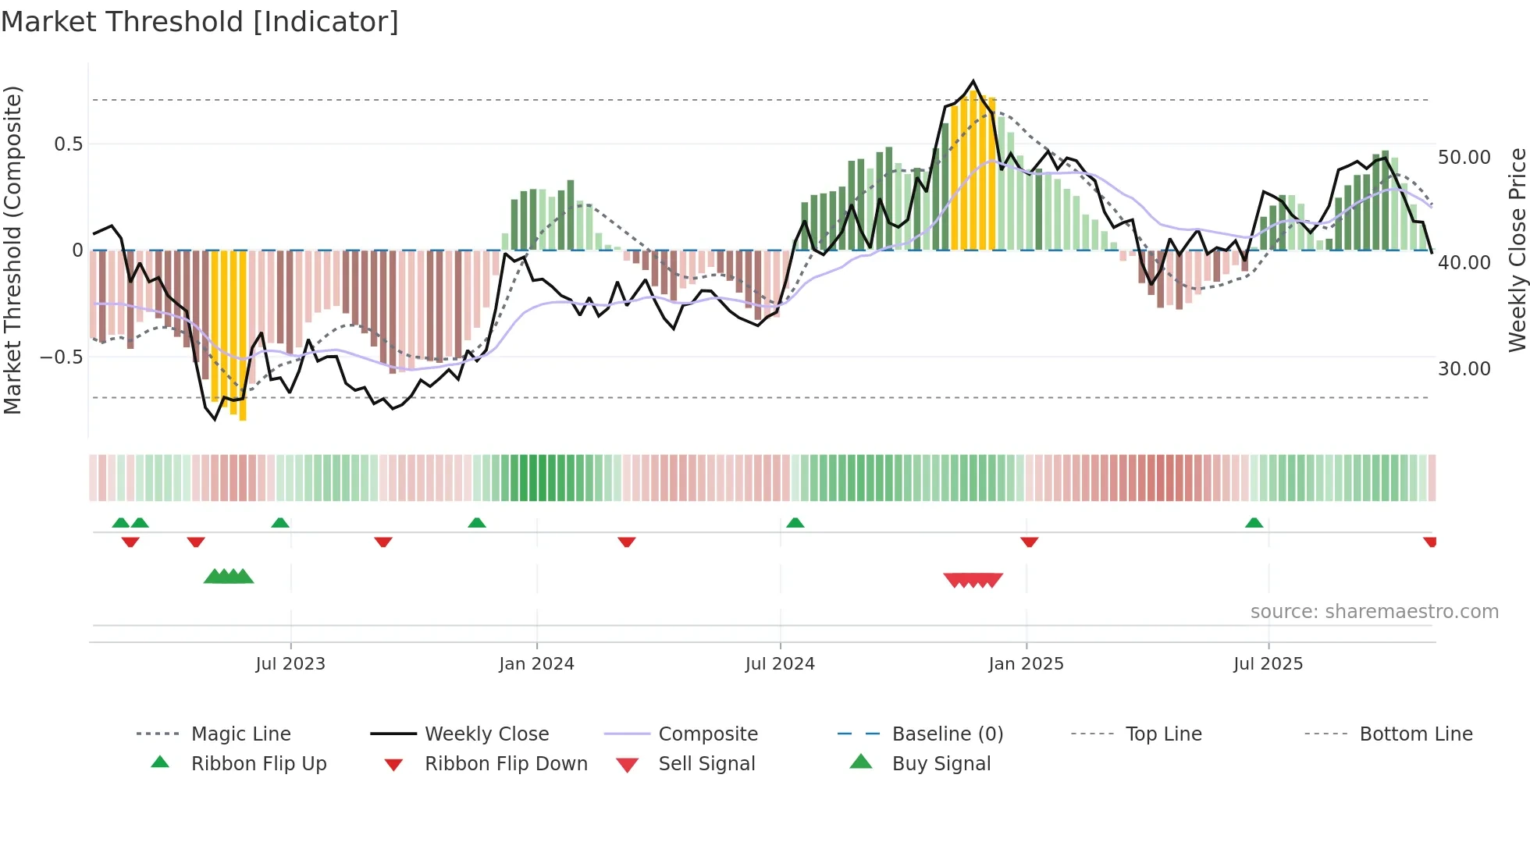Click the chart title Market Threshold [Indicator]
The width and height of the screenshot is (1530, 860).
200,22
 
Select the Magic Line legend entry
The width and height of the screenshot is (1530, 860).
240,734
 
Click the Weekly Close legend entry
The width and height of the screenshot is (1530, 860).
486,734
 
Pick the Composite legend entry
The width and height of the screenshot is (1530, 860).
707,734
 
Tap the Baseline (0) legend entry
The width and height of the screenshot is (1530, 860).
947,734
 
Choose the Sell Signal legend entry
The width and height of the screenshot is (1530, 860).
706,763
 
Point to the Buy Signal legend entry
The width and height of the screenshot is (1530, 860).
941,763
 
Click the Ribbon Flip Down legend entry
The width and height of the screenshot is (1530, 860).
505,763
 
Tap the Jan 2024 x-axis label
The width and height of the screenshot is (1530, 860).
536,663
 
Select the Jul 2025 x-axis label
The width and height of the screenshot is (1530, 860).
1268,663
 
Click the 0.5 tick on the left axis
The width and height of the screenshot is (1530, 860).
68,144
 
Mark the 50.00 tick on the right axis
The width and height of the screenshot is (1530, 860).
1464,157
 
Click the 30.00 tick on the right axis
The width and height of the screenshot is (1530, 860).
1464,368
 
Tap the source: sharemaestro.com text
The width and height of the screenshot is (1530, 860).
1374,611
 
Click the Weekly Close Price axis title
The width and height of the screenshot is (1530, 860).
1517,250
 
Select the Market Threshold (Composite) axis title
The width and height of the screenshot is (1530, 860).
12,250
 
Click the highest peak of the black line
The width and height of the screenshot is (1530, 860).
973,81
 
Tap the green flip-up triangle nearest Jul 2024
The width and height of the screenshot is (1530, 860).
795,523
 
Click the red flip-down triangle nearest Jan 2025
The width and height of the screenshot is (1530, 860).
1029,542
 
